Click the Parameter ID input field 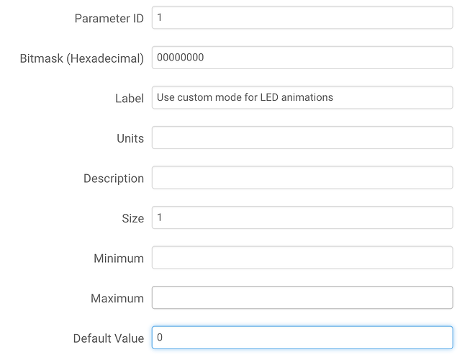(x=302, y=17)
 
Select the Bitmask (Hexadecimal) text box (x=302, y=58)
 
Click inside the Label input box (x=302, y=98)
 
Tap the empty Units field (x=302, y=138)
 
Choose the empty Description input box (x=302, y=178)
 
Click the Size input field (x=302, y=217)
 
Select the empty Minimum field (x=302, y=258)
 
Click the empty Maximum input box (x=302, y=297)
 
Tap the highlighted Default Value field (x=302, y=338)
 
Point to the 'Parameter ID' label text (x=109, y=19)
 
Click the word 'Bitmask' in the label (x=42, y=58)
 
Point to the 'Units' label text (x=130, y=138)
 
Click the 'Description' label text (x=114, y=179)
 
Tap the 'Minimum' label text (x=119, y=258)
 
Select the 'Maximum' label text (x=117, y=299)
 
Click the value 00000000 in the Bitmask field (x=180, y=58)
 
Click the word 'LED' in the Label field (x=269, y=97)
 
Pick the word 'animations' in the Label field (x=307, y=97)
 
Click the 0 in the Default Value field (x=160, y=337)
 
